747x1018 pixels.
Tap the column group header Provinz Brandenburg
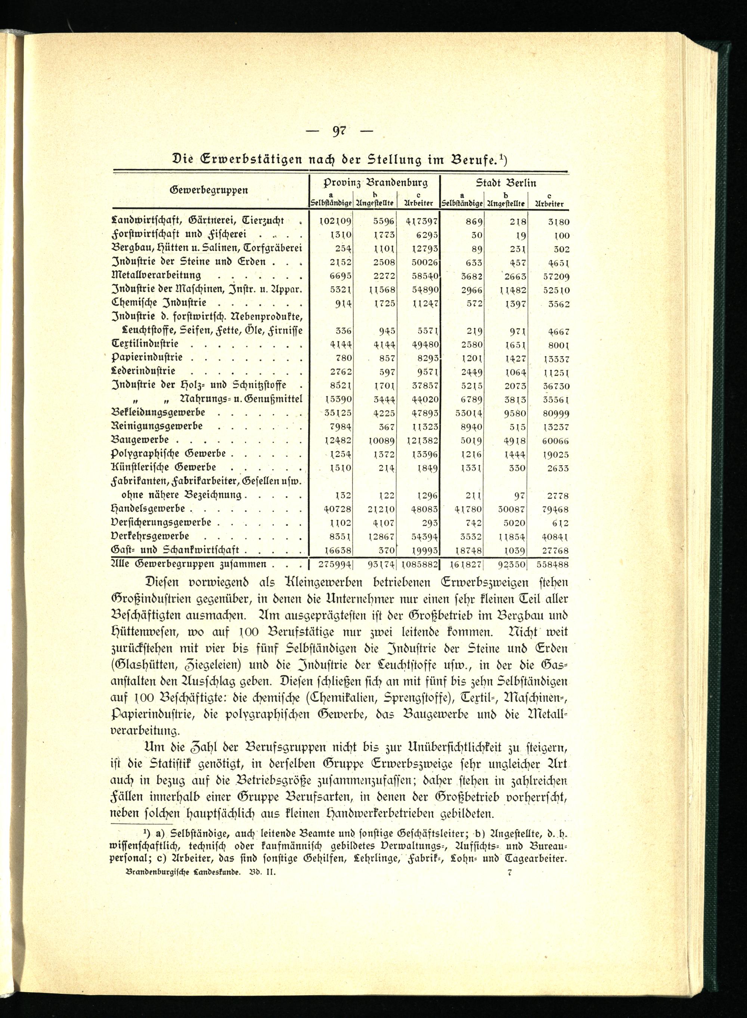coord(375,183)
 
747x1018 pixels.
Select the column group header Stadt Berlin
coord(506,183)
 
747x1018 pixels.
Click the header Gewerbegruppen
coord(209,190)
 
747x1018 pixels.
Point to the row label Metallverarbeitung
coord(156,275)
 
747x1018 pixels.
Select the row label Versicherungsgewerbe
coord(161,523)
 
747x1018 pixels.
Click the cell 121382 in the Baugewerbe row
coord(420,441)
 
